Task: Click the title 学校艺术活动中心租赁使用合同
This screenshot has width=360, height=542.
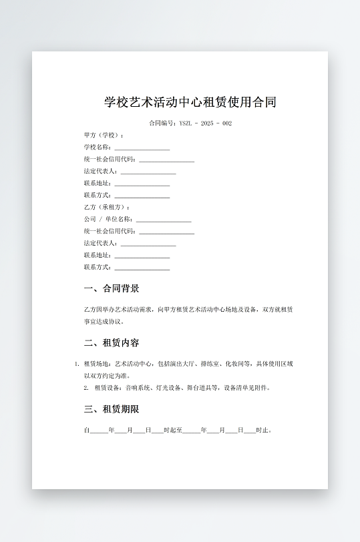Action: click(x=190, y=103)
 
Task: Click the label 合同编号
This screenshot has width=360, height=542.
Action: click(x=162, y=123)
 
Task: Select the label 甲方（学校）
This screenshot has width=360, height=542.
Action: click(x=103, y=135)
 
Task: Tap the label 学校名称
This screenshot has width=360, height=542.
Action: click(x=97, y=147)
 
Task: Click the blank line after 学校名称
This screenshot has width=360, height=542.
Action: click(x=142, y=148)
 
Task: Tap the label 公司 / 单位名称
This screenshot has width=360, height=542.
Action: click(x=108, y=219)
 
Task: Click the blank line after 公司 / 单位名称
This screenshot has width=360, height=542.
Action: click(x=164, y=220)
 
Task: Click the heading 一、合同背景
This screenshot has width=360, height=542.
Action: click(x=112, y=289)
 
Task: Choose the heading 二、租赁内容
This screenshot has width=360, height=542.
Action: click(x=112, y=343)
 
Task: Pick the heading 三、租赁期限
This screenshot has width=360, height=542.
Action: click(x=112, y=409)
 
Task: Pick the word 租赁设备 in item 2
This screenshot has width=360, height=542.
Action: click(x=107, y=388)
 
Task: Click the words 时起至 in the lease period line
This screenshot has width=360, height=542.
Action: click(x=172, y=431)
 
